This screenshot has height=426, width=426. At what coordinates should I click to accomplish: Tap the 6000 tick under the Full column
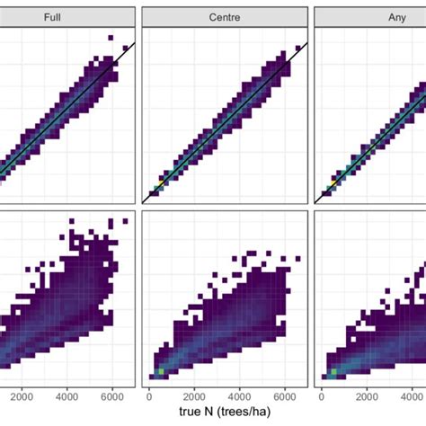click(111, 395)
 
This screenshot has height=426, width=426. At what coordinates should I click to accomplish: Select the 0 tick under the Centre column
click(148, 395)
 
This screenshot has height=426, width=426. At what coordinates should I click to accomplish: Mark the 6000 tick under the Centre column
click(285, 395)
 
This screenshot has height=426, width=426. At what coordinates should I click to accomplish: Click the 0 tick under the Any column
click(322, 395)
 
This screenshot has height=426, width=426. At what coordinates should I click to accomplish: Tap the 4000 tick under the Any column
click(413, 395)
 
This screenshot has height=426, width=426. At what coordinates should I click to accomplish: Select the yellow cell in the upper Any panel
click(333, 182)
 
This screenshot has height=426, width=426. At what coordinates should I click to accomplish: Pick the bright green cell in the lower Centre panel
click(161, 369)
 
